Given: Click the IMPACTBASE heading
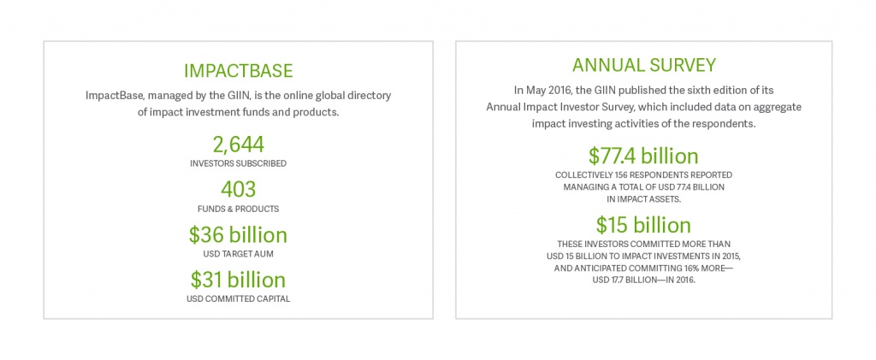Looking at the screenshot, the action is pos(239,71).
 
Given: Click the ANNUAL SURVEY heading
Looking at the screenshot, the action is pos(643,65).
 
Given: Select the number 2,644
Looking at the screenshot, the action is pos(238,145).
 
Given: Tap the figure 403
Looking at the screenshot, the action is pos(238,190).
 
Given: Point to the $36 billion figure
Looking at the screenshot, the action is pos(238,235).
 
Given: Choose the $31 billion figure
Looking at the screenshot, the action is pos(238,280).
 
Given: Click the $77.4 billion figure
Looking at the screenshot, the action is pos(643,156).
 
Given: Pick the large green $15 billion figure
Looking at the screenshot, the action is pos(643,225).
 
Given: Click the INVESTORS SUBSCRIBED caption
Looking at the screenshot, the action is pos(238,164).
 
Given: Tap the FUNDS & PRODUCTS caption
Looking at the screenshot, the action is pos(238,209).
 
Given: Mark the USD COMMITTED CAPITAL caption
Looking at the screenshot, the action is pos(238,299).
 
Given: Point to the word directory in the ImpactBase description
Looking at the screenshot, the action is pos(370,96).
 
